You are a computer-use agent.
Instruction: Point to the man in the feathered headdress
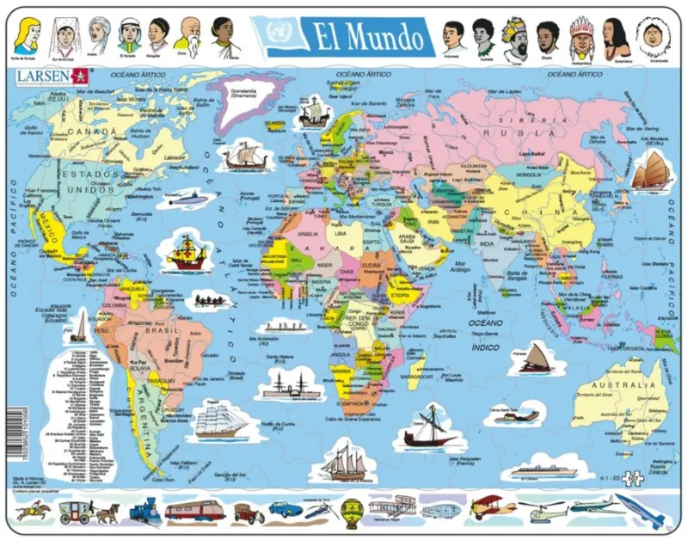point(583,35)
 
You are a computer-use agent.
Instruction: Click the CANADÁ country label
point(83,132)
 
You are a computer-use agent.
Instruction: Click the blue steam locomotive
point(144,512)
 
